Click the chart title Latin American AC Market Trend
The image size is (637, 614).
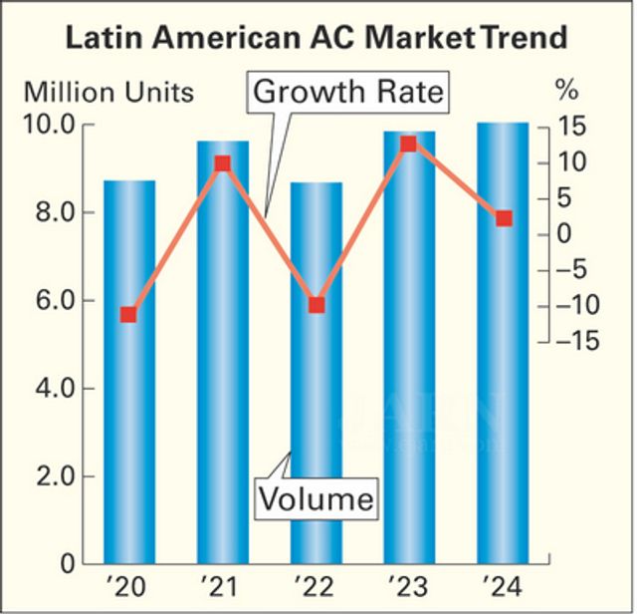coord(317,39)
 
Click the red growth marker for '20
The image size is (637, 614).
coord(128,315)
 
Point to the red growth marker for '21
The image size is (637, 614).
coord(222,163)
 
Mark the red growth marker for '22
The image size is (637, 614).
coord(317,305)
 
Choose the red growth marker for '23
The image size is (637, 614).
coord(408,145)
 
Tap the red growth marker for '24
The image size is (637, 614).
coord(504,218)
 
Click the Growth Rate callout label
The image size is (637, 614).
coord(348,93)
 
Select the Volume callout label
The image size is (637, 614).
coord(318,496)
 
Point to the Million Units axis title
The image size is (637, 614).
coord(108,92)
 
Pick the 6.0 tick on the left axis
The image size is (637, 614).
coord(56,301)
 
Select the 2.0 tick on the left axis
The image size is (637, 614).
coord(56,476)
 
